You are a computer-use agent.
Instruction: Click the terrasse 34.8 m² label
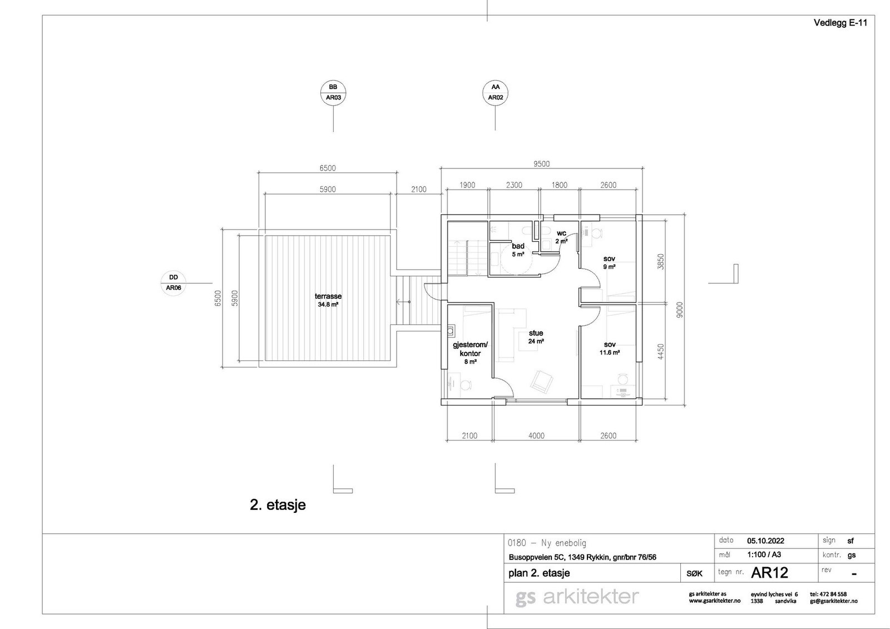(328, 300)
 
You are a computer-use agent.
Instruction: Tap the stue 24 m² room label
(536, 337)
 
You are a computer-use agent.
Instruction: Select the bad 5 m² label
(518, 250)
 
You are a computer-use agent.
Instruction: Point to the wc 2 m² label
(561, 237)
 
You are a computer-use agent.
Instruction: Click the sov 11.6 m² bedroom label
(610, 348)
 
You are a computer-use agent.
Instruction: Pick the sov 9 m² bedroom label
(610, 263)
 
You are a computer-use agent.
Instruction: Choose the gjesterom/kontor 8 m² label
(470, 353)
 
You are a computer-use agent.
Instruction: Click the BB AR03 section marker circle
(333, 92)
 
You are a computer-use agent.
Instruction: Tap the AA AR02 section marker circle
(496, 92)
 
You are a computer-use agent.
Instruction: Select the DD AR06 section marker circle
(174, 283)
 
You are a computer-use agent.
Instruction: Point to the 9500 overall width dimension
(542, 164)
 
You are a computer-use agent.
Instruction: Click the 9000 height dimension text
(680, 310)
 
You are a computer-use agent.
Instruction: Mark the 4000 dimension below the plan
(536, 436)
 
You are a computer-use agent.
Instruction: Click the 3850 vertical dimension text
(661, 262)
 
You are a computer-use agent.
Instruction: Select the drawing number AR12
(770, 573)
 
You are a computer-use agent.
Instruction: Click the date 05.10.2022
(765, 541)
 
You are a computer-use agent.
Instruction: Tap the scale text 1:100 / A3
(765, 554)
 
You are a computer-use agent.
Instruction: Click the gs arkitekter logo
(577, 597)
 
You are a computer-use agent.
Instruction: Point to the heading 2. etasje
(278, 505)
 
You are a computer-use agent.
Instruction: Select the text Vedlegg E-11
(840, 23)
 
